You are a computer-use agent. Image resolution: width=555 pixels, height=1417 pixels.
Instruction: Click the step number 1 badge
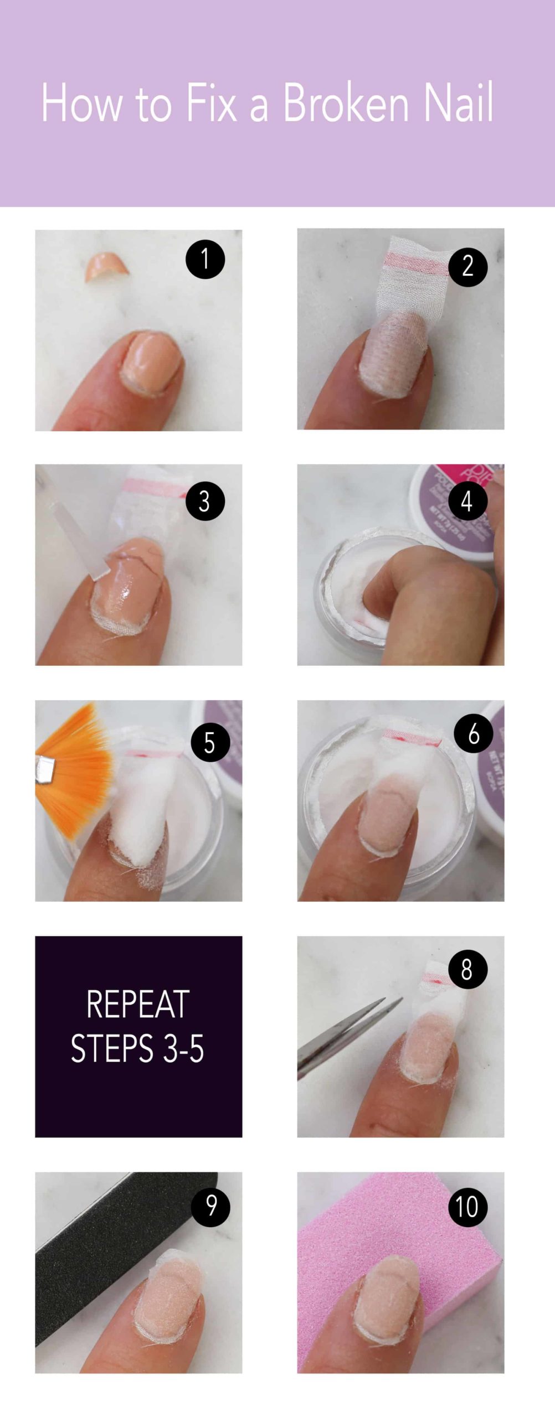[x=205, y=259]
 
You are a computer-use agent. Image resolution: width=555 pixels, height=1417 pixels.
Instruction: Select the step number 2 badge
[x=467, y=267]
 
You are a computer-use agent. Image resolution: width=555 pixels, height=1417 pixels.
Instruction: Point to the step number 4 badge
[x=466, y=501]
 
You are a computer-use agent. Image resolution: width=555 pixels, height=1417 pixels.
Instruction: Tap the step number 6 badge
[x=473, y=734]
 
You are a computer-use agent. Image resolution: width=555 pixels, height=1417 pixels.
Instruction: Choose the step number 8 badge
[x=467, y=970]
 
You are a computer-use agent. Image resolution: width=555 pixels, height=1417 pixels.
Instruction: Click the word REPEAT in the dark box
[x=138, y=1005]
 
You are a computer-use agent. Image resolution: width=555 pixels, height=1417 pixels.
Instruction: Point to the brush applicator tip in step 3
[x=97, y=570]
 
